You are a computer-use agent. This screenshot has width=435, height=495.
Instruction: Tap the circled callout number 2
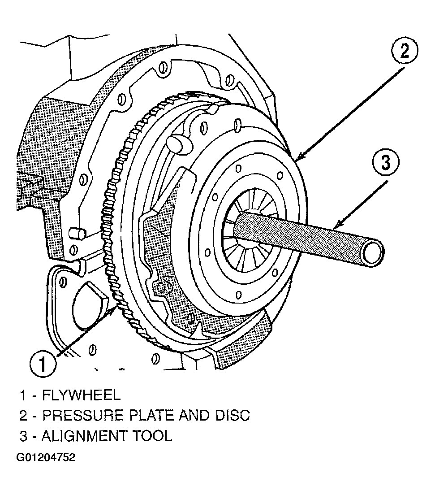tap(405, 51)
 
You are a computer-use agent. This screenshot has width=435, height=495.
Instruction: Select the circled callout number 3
tap(385, 163)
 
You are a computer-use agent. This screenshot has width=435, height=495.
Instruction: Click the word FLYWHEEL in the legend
tap(82, 395)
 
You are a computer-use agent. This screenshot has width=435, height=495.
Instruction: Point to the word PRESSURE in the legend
tap(82, 415)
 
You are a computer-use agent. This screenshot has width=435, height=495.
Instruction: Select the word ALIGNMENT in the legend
tap(84, 436)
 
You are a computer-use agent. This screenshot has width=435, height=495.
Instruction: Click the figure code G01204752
tap(46, 457)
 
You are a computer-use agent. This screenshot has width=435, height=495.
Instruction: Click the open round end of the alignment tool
tap(373, 253)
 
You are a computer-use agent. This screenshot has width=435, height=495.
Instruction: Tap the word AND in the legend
tap(194, 415)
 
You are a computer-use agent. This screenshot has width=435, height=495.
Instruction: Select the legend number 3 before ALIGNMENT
tap(23, 436)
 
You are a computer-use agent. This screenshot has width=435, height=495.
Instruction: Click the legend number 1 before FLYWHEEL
tap(23, 395)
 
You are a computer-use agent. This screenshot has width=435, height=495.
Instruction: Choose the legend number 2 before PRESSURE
tap(23, 415)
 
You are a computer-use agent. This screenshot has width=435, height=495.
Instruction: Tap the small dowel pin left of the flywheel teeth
tap(77, 234)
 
